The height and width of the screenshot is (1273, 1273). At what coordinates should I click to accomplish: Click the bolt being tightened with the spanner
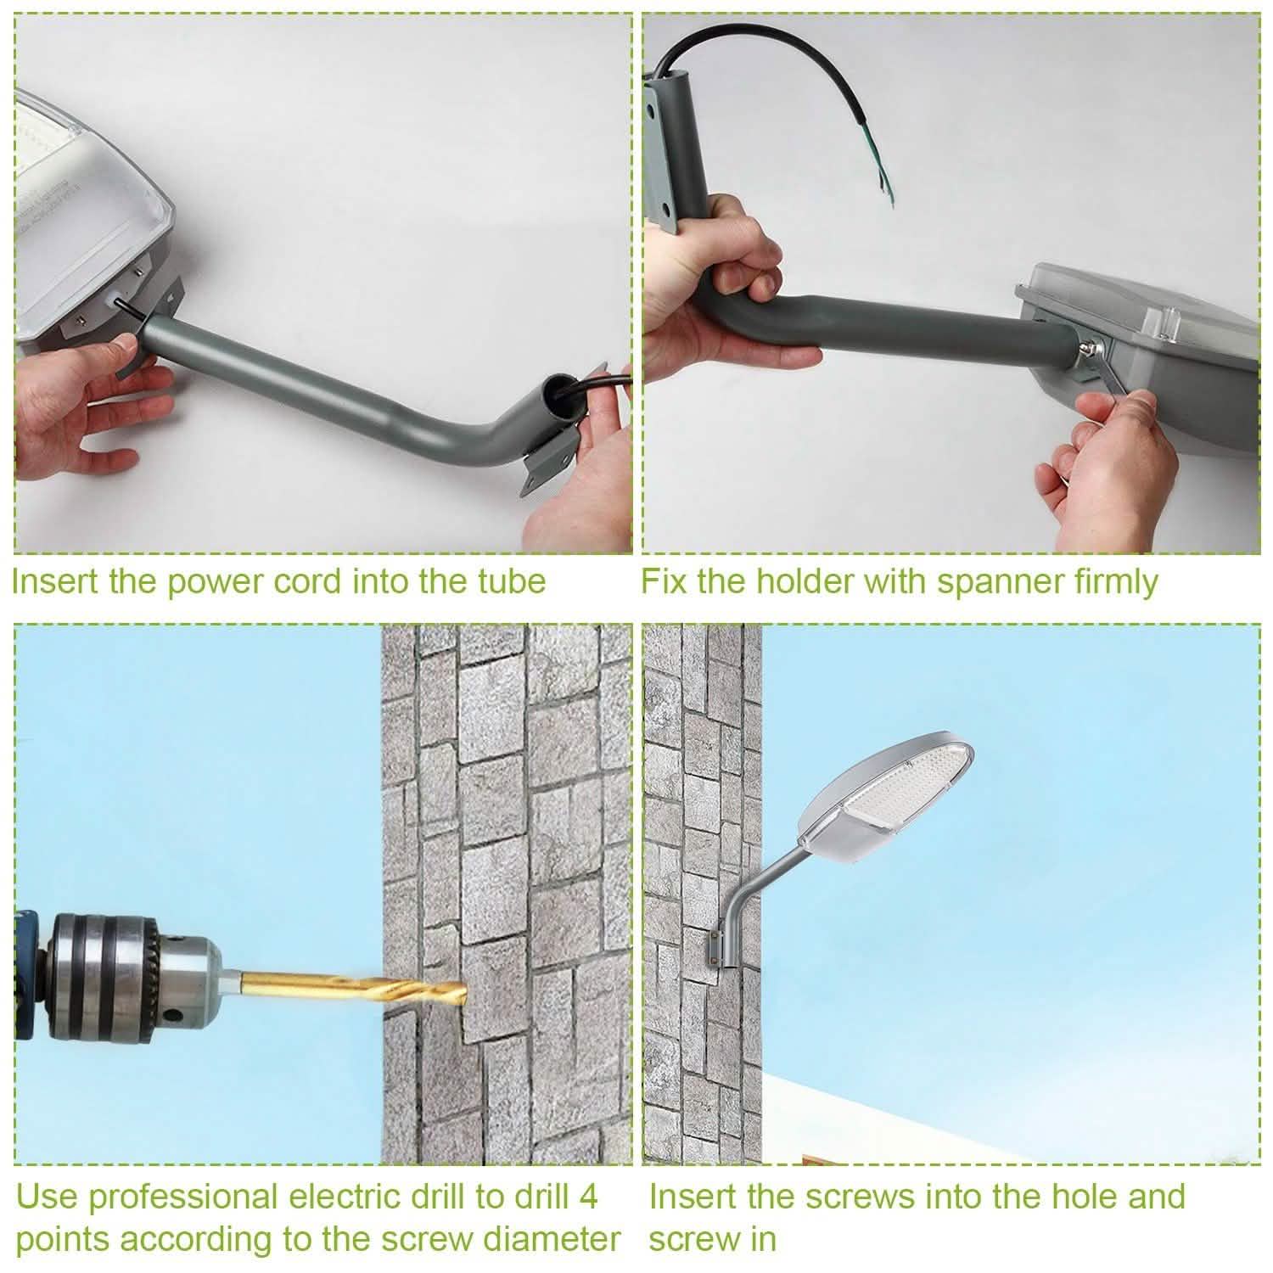[x=1089, y=346]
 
